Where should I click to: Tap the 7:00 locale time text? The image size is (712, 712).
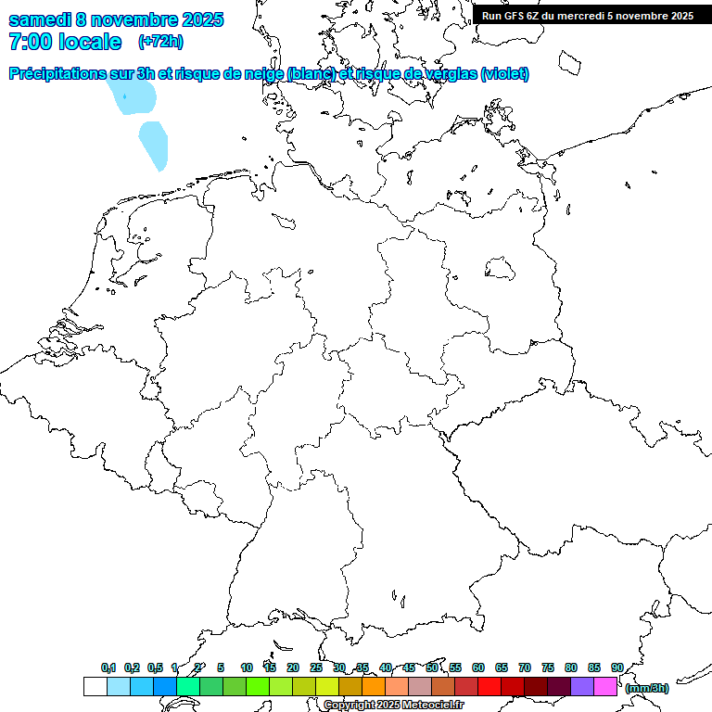coord(65,42)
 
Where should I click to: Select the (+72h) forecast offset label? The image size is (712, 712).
coord(160,42)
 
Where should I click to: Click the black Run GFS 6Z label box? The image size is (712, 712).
coord(588,16)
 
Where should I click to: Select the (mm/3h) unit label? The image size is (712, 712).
coord(647,688)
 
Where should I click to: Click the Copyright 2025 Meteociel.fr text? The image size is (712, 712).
coord(394,706)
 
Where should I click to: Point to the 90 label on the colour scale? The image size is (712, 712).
coord(617,667)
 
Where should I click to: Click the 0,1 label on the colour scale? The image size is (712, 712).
coord(108,667)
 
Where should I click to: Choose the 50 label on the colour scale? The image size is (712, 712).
coord(432,667)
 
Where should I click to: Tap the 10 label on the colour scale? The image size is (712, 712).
coord(247,667)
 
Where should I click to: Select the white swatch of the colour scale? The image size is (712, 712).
coord(95,687)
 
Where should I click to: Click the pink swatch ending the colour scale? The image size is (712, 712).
coord(605,687)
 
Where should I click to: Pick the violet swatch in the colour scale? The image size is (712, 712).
coord(582,687)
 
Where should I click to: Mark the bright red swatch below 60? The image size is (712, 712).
coord(489,687)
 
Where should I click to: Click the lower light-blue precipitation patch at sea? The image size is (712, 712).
coord(154,145)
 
